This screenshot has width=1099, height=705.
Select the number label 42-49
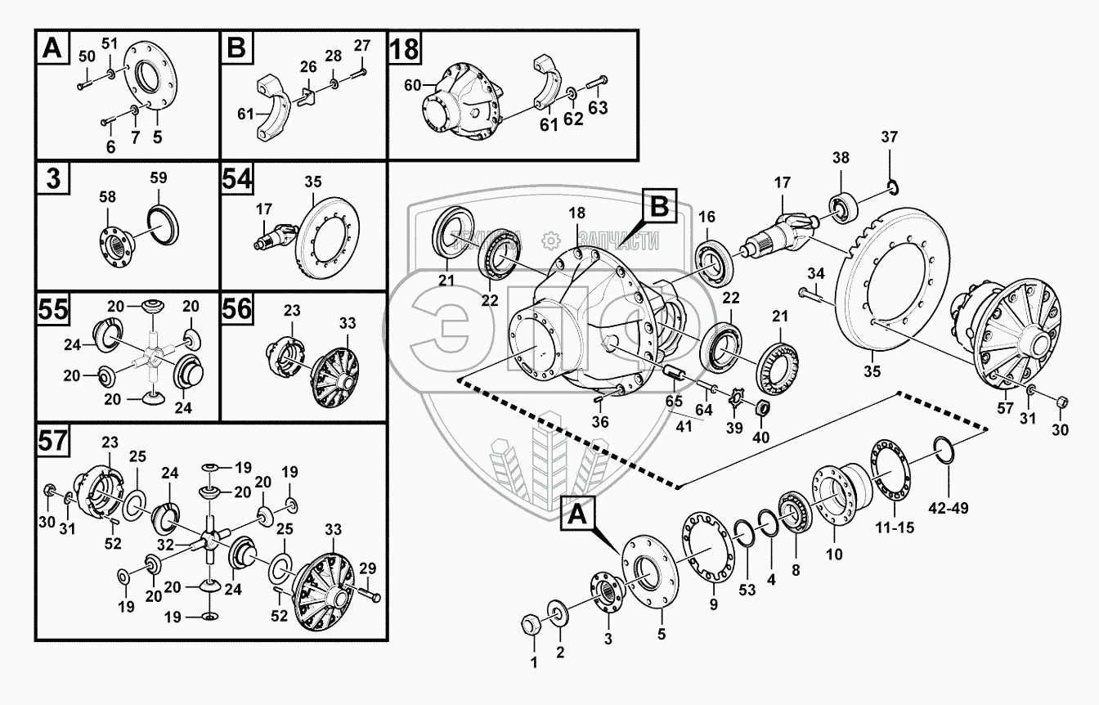tap(949, 508)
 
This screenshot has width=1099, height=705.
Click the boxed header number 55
tap(53, 309)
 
